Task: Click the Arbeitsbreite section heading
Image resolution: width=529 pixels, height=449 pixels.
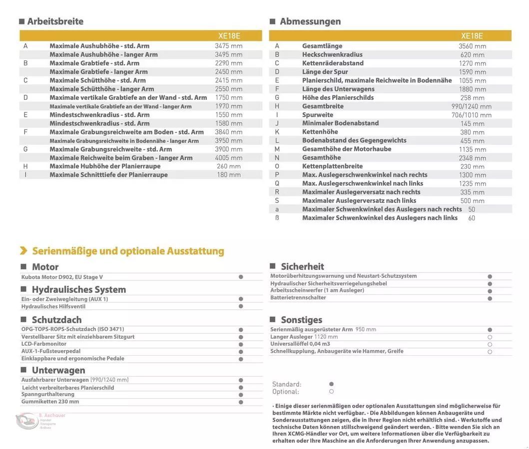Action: coord(55,21)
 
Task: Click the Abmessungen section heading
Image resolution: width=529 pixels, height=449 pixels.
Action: coord(310,21)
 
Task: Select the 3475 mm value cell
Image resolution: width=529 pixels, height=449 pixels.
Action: coord(228,46)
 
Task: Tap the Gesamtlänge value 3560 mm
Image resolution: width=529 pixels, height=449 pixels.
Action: coord(472,46)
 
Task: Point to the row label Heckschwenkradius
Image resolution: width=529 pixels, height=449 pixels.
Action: coord(332,54)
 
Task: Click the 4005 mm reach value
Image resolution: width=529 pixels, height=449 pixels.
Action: coord(228,158)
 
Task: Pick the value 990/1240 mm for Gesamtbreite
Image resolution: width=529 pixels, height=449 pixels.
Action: coord(471,106)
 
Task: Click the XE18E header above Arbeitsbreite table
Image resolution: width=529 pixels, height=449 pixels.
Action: coord(229,36)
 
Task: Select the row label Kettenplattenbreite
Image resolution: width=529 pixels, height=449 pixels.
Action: coord(332,166)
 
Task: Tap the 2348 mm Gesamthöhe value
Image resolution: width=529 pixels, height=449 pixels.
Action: coord(472,158)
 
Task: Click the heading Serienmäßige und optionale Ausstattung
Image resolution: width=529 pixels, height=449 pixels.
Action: coord(128,251)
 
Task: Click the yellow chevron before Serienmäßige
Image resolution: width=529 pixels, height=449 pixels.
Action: coord(23,251)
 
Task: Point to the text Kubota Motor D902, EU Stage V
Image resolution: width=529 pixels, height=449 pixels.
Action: coord(62,277)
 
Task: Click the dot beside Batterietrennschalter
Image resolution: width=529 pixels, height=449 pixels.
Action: coord(490,298)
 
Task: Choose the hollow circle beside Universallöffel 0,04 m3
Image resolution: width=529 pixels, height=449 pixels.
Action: coord(490,344)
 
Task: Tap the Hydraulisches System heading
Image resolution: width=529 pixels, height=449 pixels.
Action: coord(78,289)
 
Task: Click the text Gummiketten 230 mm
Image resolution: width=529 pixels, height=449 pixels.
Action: coord(50,402)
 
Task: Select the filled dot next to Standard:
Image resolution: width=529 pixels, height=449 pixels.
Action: coord(331,384)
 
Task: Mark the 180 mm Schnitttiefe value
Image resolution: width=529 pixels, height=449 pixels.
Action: coord(228,175)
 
